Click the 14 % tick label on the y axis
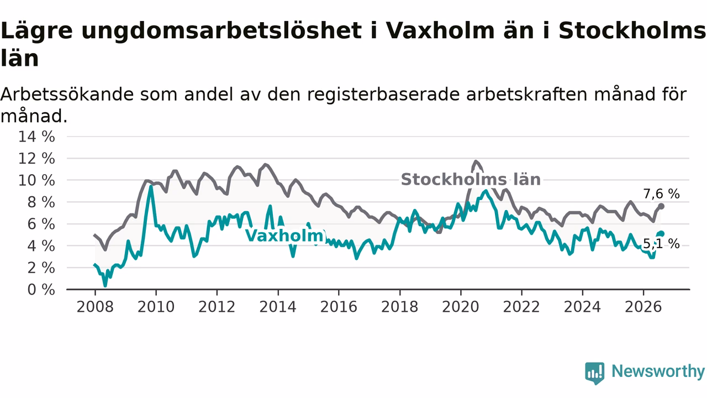36,137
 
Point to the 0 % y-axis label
41,290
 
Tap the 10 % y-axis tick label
36,180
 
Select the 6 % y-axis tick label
41,224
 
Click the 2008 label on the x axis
95,307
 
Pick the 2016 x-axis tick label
339,307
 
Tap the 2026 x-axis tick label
643,307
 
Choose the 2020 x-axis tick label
461,307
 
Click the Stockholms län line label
471,180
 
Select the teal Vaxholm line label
284,235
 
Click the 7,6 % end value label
661,194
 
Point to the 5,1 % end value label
661,244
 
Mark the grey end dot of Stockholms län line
662,206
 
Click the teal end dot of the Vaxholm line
662,234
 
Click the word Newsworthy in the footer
658,371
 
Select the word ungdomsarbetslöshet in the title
221,31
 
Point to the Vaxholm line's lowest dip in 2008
105,286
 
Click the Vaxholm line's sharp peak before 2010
151,186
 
